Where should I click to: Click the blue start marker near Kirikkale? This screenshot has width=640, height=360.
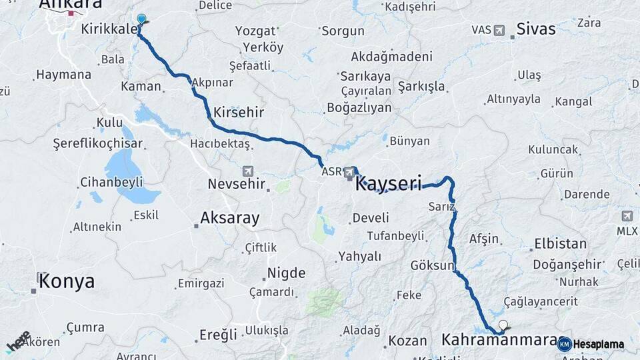click(141, 19)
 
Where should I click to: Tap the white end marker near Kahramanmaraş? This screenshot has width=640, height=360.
click(503, 326)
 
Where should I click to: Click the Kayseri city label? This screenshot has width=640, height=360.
click(389, 183)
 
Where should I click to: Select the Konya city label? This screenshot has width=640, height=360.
click(66, 281)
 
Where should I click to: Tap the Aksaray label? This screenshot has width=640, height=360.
click(229, 217)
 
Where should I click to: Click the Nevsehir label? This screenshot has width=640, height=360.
click(237, 183)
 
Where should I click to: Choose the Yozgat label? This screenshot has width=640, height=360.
click(255, 31)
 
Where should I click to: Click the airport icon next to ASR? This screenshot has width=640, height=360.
click(350, 173)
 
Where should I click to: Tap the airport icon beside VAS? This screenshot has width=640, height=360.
click(500, 30)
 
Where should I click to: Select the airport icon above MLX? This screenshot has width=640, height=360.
click(627, 216)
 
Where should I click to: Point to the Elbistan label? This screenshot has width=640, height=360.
click(560, 244)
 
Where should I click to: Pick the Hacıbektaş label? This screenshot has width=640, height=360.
click(219, 143)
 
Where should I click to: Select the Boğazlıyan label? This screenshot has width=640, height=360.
click(359, 107)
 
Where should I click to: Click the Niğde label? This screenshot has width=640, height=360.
click(286, 273)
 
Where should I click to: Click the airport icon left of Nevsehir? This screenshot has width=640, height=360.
click(248, 171)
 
